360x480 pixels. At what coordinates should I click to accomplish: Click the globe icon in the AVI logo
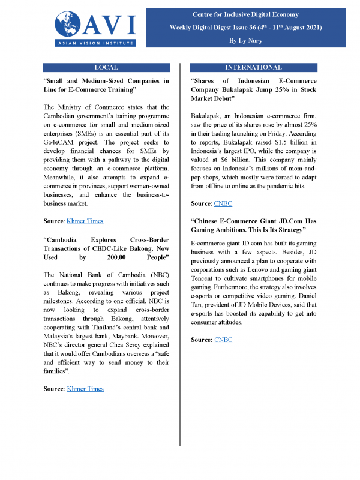(68, 24)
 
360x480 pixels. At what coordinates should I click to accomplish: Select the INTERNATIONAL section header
(253, 67)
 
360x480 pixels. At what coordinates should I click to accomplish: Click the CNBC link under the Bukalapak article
(223, 204)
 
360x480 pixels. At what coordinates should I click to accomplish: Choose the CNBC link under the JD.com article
(223, 340)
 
